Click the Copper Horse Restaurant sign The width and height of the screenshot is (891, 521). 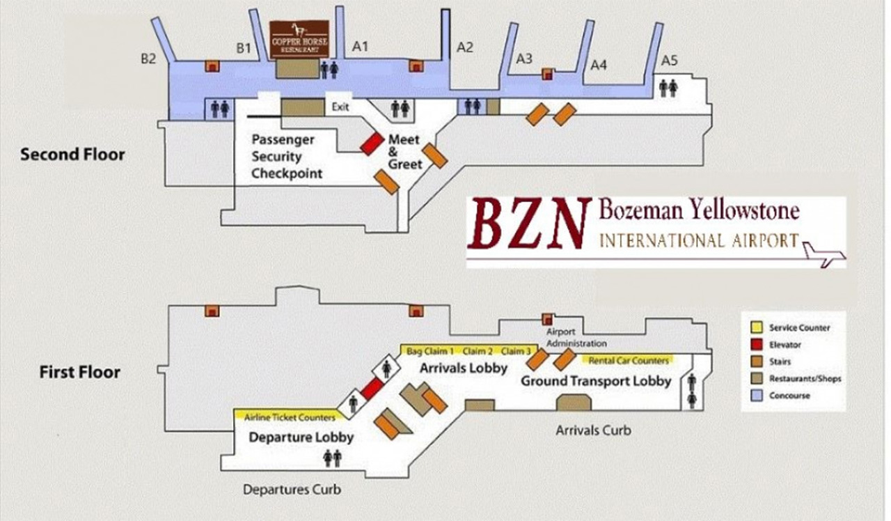[x=299, y=39]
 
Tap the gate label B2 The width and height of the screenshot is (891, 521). [x=148, y=59]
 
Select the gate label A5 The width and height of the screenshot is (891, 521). [x=669, y=61]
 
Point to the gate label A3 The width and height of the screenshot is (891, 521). [x=524, y=59]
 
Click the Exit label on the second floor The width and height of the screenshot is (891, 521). [x=340, y=107]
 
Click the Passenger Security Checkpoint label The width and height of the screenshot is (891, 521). [x=287, y=157]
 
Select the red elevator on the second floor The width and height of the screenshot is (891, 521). [x=372, y=143]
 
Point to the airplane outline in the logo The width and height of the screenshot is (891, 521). [x=823, y=253]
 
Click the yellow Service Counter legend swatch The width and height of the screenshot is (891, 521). [x=756, y=327]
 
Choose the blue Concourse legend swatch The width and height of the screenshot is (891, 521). [x=756, y=395]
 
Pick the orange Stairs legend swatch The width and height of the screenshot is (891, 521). [x=756, y=361]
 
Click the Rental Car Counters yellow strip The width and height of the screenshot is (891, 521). [x=629, y=360]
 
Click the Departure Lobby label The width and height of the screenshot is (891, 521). [x=301, y=437]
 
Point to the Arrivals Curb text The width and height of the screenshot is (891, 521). [x=593, y=430]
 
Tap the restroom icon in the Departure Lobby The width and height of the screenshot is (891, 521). [x=332, y=457]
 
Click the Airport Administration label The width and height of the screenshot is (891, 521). [x=576, y=338]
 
